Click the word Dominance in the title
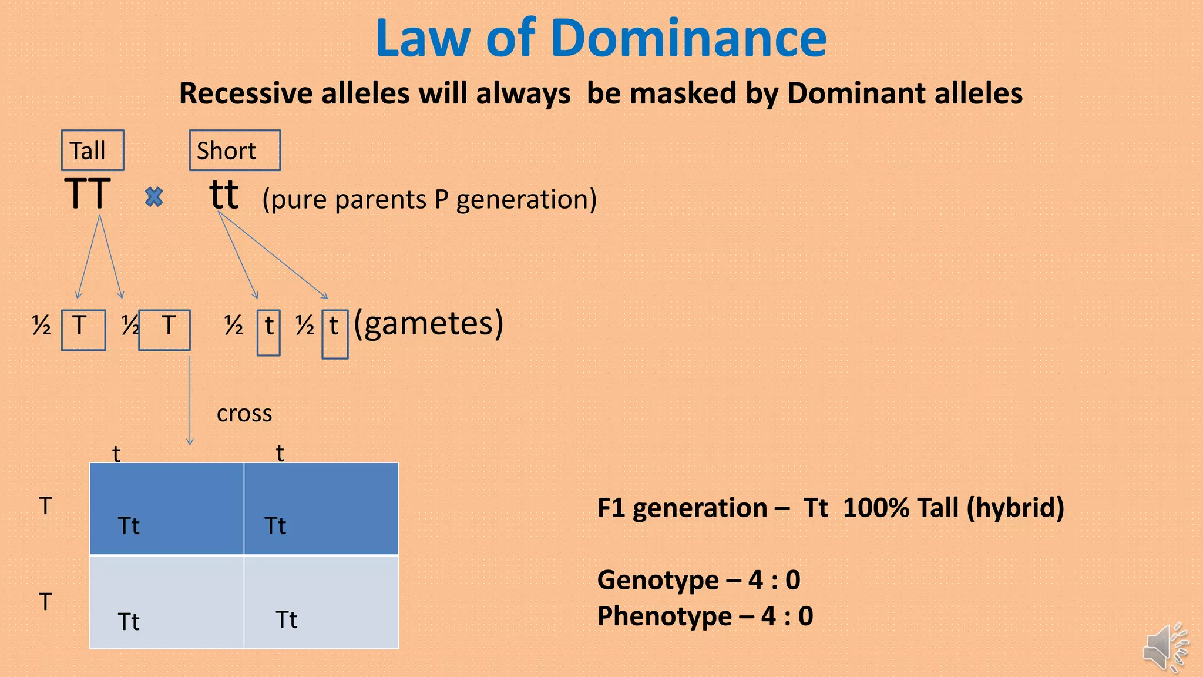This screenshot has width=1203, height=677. click(x=688, y=38)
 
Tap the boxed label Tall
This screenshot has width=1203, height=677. click(x=92, y=150)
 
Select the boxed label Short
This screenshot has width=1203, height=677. click(x=234, y=150)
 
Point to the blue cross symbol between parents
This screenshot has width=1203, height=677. click(x=154, y=197)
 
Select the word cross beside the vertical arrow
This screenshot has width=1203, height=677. click(x=244, y=413)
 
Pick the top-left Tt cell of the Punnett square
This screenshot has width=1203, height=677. click(x=166, y=509)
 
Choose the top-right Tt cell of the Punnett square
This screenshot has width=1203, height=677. click(x=321, y=509)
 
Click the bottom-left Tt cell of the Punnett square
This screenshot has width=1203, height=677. click(x=166, y=602)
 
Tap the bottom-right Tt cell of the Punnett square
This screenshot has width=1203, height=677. click(x=321, y=602)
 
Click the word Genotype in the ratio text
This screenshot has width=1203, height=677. click(x=658, y=580)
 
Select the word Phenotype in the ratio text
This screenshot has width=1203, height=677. click(x=664, y=616)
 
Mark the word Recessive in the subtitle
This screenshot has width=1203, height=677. click(x=246, y=93)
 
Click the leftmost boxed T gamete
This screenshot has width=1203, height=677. click(x=83, y=330)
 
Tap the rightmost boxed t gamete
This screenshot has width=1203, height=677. click(x=335, y=333)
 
